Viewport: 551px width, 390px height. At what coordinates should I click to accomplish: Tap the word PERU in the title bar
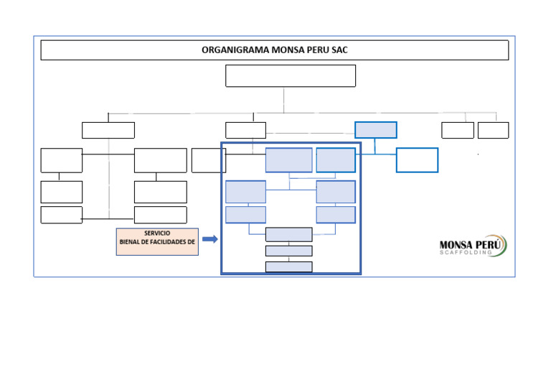317,50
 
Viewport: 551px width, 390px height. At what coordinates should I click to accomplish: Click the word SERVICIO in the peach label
157,233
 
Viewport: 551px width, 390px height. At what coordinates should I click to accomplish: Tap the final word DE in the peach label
191,242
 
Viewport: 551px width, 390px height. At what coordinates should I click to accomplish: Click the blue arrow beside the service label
209,239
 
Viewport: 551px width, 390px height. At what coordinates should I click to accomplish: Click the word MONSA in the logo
454,245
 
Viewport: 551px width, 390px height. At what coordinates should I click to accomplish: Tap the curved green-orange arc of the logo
504,245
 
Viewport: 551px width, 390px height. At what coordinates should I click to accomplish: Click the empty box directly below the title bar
290,75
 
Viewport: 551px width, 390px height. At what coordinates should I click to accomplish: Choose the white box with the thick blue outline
417,160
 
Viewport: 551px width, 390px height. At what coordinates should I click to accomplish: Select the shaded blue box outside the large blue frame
375,130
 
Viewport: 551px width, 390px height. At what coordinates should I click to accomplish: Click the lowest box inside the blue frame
288,266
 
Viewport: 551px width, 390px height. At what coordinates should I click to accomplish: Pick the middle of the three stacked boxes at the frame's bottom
288,251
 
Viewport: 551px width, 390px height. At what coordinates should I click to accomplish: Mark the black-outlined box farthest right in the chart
493,130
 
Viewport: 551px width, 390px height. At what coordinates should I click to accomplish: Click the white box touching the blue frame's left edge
207,160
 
